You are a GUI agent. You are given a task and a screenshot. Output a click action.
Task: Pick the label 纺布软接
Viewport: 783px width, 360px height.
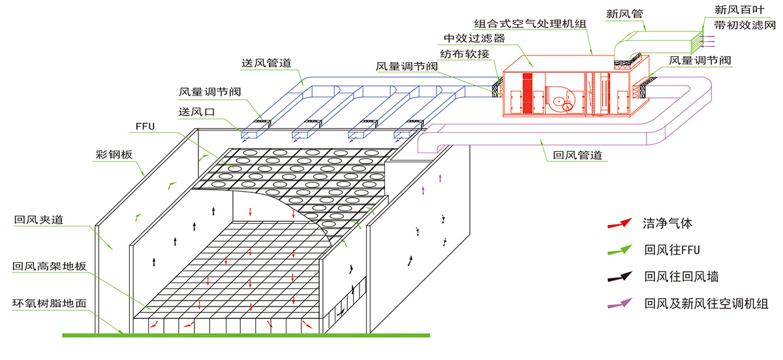pyautogui.click(x=465, y=52)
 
